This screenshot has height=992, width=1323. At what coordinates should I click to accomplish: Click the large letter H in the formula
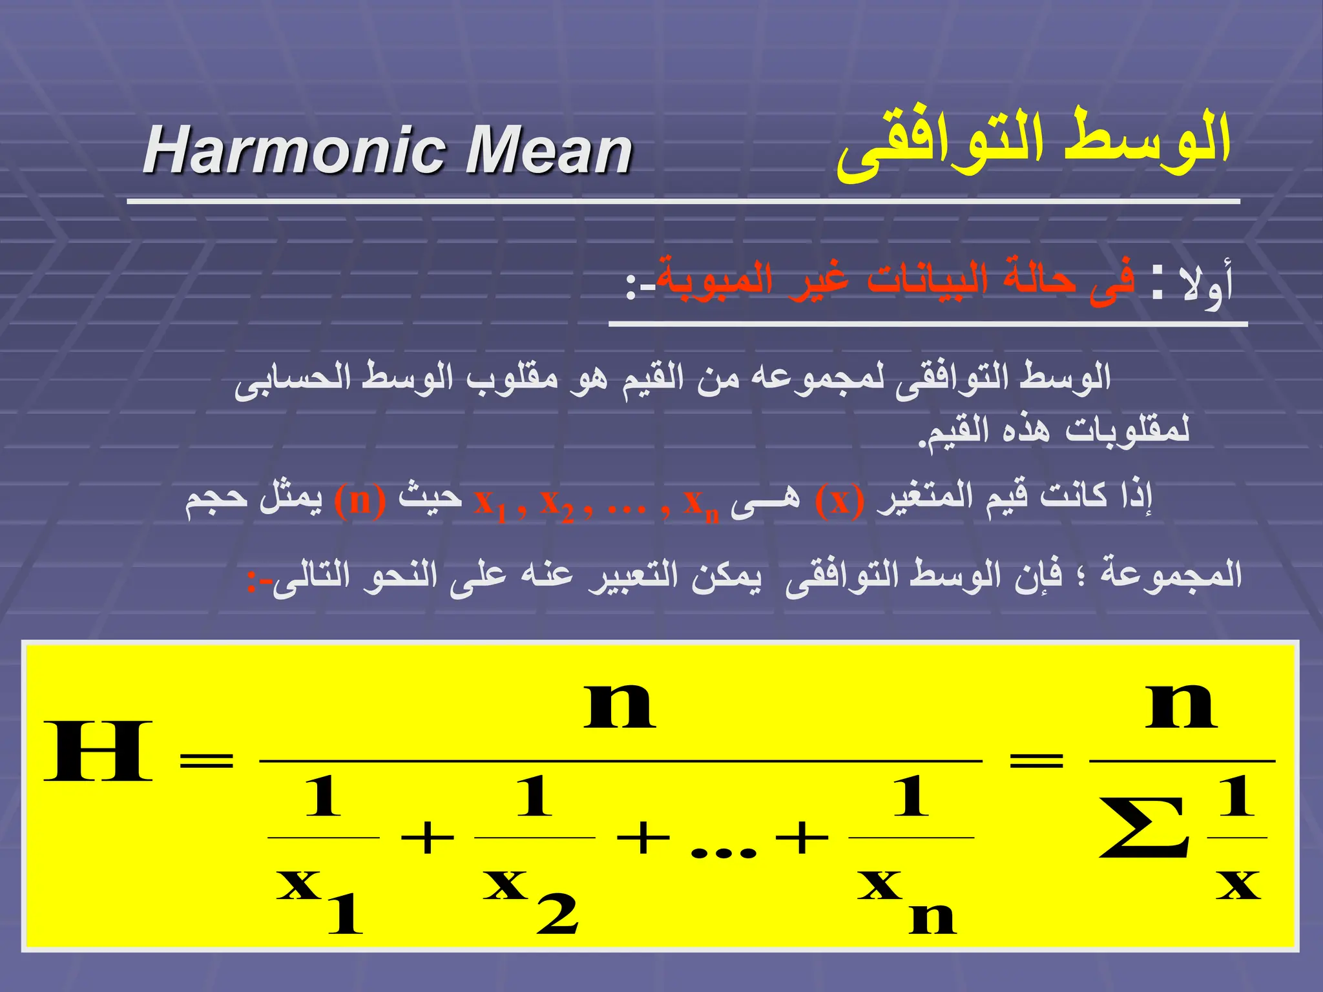tap(98, 752)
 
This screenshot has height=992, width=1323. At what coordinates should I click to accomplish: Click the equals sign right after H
tap(206, 760)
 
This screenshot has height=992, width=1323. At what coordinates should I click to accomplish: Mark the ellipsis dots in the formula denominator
tap(723, 853)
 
